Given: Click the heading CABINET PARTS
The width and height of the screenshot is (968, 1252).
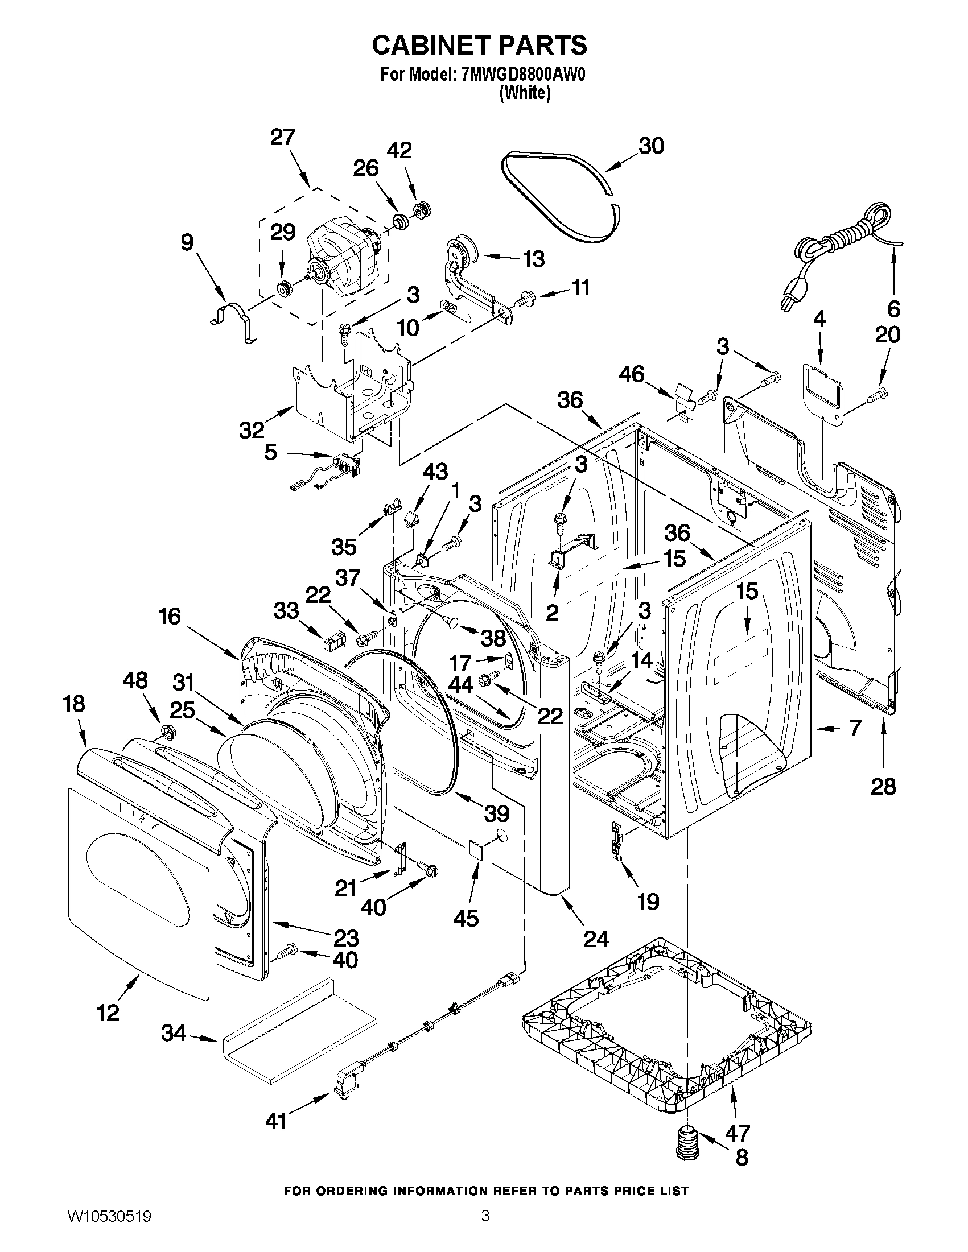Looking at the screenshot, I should [x=479, y=46].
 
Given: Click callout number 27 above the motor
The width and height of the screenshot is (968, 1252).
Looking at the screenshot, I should [x=283, y=138].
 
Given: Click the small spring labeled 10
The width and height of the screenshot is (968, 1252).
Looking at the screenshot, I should [x=451, y=309].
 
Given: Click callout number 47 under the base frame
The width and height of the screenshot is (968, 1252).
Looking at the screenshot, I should [x=738, y=1133].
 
